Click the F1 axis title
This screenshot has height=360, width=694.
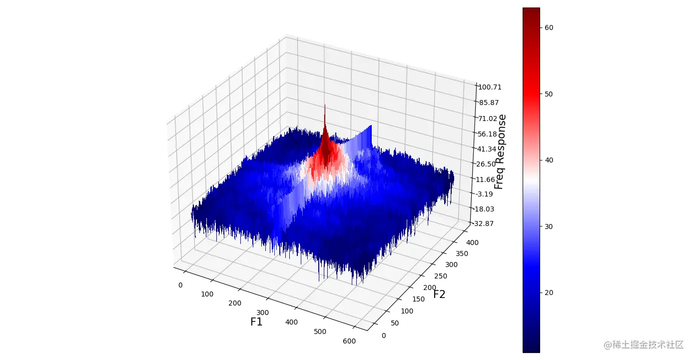pyautogui.click(x=256, y=322)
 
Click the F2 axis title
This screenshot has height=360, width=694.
pyautogui.click(x=439, y=294)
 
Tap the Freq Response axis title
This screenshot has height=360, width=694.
pyautogui.click(x=500, y=151)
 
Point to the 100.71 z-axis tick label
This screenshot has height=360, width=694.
pyautogui.click(x=489, y=87)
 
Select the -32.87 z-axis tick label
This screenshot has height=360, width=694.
pyautogui.click(x=483, y=223)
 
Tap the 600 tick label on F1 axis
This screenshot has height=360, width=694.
pyautogui.click(x=349, y=341)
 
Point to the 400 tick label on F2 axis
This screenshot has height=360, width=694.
pyautogui.click(x=472, y=242)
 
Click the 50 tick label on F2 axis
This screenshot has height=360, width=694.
pyautogui.click(x=395, y=323)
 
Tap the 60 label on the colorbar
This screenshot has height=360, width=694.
pyautogui.click(x=549, y=27)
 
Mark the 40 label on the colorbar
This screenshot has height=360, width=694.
pyautogui.click(x=549, y=160)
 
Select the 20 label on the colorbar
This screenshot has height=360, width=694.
pyautogui.click(x=549, y=292)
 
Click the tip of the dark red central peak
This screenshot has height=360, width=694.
pyautogui.click(x=325, y=105)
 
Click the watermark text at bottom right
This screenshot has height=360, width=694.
pyautogui.click(x=643, y=345)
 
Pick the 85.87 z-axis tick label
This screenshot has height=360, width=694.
pyautogui.click(x=488, y=102)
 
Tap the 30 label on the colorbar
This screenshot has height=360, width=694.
pyautogui.click(x=549, y=226)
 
